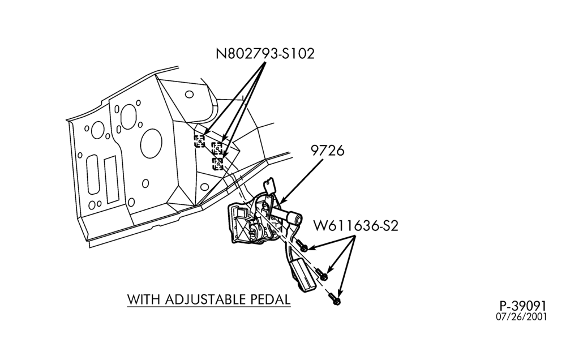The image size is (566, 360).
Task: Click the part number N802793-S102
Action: [265, 54]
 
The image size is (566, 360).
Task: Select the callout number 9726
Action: [328, 150]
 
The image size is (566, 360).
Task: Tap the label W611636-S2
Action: [355, 226]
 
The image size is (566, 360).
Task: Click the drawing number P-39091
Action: [523, 306]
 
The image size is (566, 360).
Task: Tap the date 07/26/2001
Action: [521, 316]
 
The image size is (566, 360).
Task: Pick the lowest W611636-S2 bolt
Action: [335, 299]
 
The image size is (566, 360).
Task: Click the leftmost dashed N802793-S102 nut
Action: [199, 141]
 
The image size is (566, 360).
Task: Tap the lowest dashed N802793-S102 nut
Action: [218, 163]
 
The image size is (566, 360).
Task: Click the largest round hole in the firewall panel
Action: [151, 143]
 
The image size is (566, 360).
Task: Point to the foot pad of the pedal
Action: [303, 275]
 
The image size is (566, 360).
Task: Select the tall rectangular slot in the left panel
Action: [111, 179]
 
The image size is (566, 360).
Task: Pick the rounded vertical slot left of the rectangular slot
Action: [93, 175]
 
